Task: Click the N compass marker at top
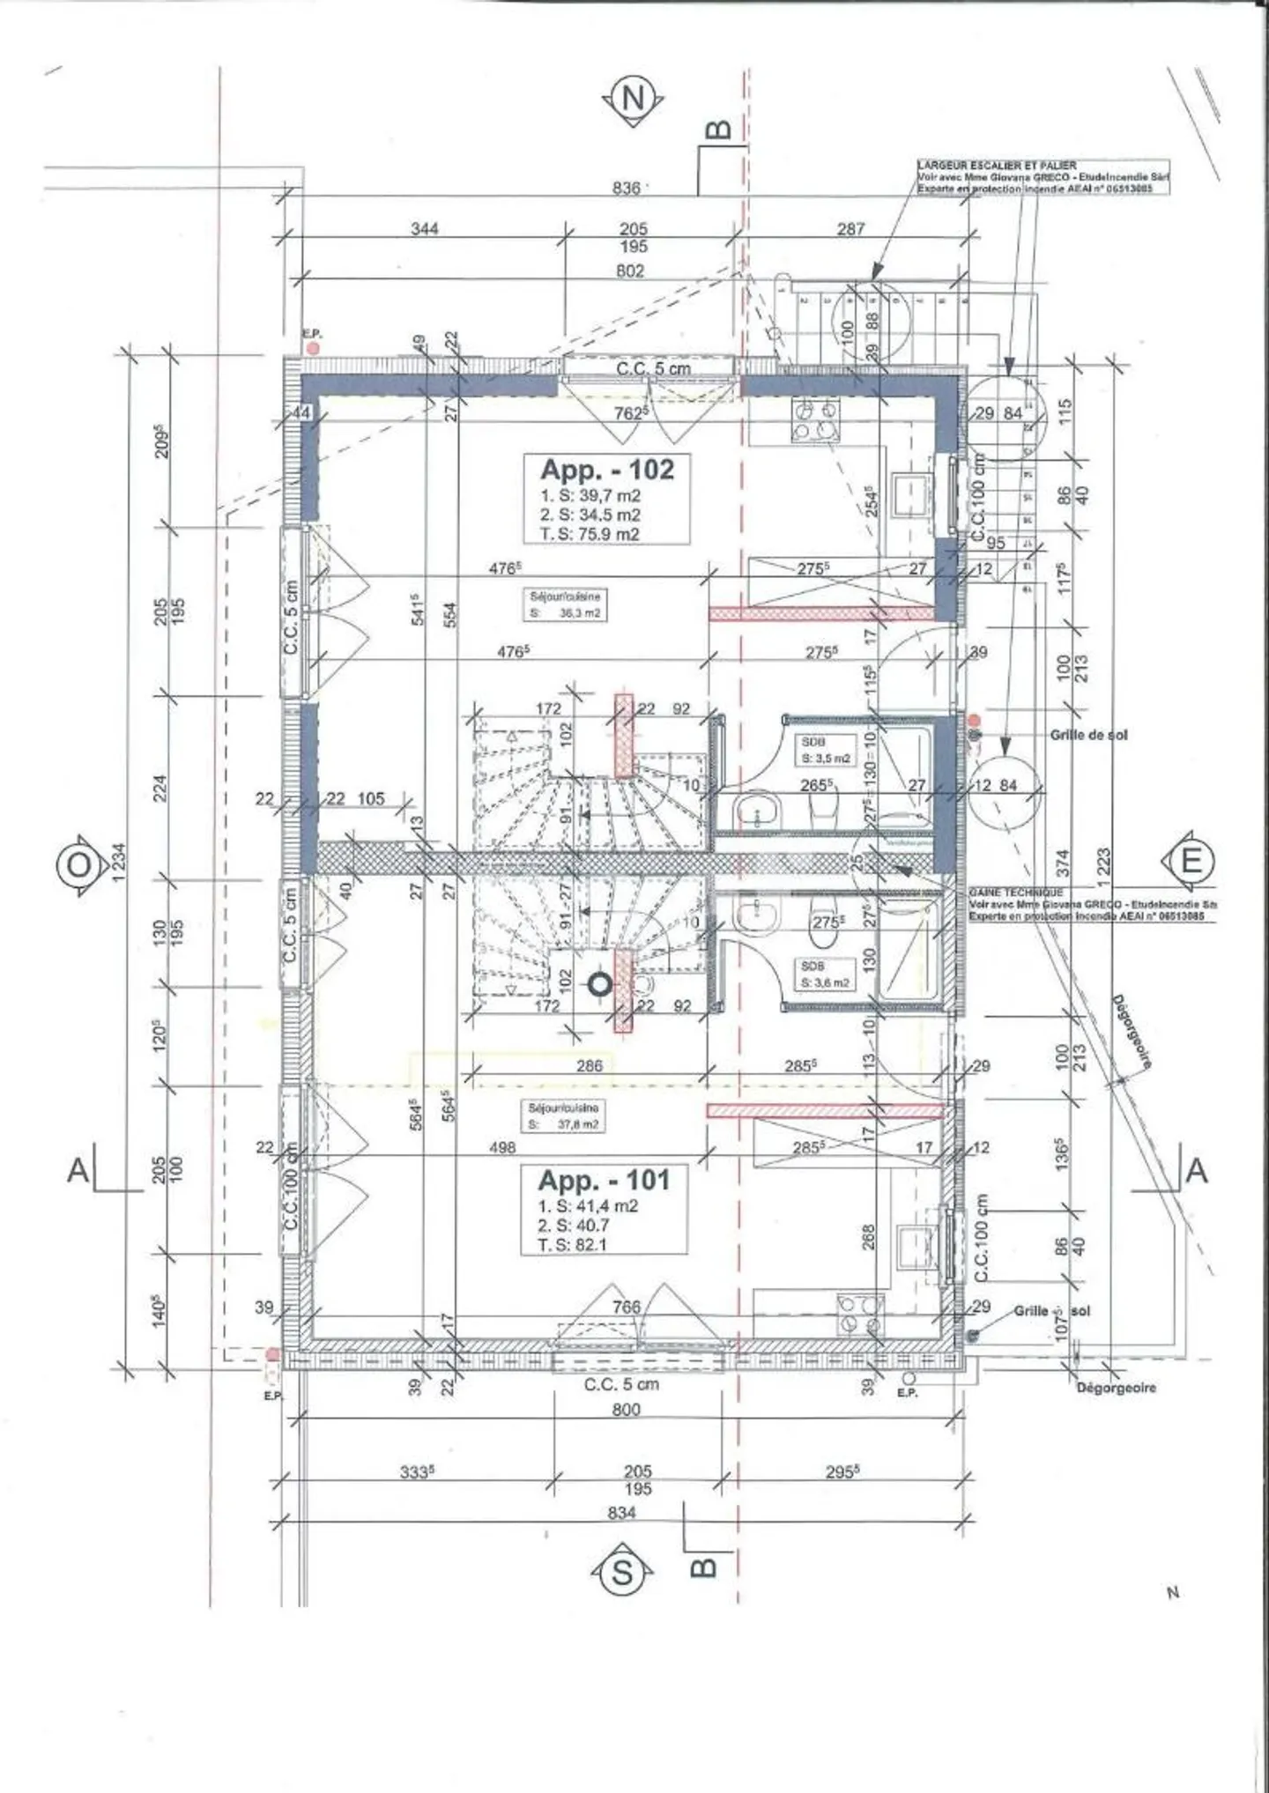click(633, 99)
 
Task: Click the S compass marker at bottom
click(622, 1572)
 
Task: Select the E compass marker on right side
click(1190, 861)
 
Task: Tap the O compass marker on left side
click(79, 864)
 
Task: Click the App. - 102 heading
click(606, 470)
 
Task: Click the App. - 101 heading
click(604, 1180)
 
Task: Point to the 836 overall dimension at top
click(627, 188)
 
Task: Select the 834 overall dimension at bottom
click(622, 1513)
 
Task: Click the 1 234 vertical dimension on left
click(118, 869)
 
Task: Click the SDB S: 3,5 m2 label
click(825, 750)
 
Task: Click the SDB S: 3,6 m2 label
click(825, 974)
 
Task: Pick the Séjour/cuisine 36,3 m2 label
click(565, 604)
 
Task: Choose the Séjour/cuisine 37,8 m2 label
click(563, 1116)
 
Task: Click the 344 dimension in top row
click(425, 229)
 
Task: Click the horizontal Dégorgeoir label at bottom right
click(1116, 1387)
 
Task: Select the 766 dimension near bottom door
click(626, 1308)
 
